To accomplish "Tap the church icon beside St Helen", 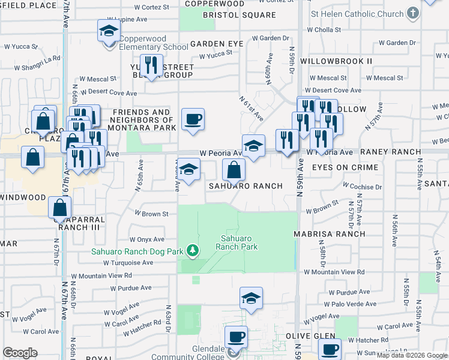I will click(412, 13).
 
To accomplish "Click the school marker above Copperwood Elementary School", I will click(109, 30).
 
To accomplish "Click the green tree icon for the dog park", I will click(193, 250).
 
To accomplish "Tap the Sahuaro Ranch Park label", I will click(237, 242).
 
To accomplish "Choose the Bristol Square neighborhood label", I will click(231, 14).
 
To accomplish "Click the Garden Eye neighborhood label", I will click(217, 44).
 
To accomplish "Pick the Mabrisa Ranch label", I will click(330, 233).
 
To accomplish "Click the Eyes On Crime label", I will click(345, 167).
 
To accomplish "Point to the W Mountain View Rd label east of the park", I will click(334, 272).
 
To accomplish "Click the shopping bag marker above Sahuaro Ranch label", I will click(234, 170).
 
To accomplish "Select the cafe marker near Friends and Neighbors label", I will click(193, 119).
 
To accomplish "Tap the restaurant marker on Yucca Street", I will click(151, 65).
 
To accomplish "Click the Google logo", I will click(20, 353).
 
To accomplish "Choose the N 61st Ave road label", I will click(252, 107).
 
